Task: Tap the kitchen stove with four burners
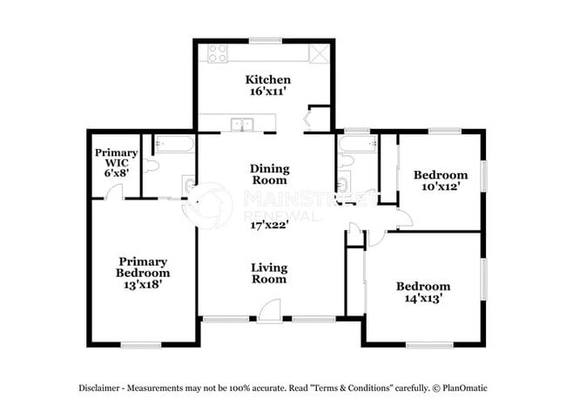[x=215, y=52]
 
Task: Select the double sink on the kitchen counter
[x=241, y=124]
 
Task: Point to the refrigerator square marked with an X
[x=320, y=52]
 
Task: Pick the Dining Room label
[x=269, y=174]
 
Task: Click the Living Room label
[x=269, y=274]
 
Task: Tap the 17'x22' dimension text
[x=269, y=224]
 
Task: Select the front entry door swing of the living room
[x=271, y=310]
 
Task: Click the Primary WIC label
[x=116, y=159]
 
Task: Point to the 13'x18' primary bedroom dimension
[x=144, y=283]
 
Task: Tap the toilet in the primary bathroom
[x=152, y=164]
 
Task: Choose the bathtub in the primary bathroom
[x=175, y=143]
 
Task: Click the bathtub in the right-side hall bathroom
[x=357, y=143]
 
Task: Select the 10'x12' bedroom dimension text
[x=440, y=186]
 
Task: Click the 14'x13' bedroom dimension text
[x=423, y=298]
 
